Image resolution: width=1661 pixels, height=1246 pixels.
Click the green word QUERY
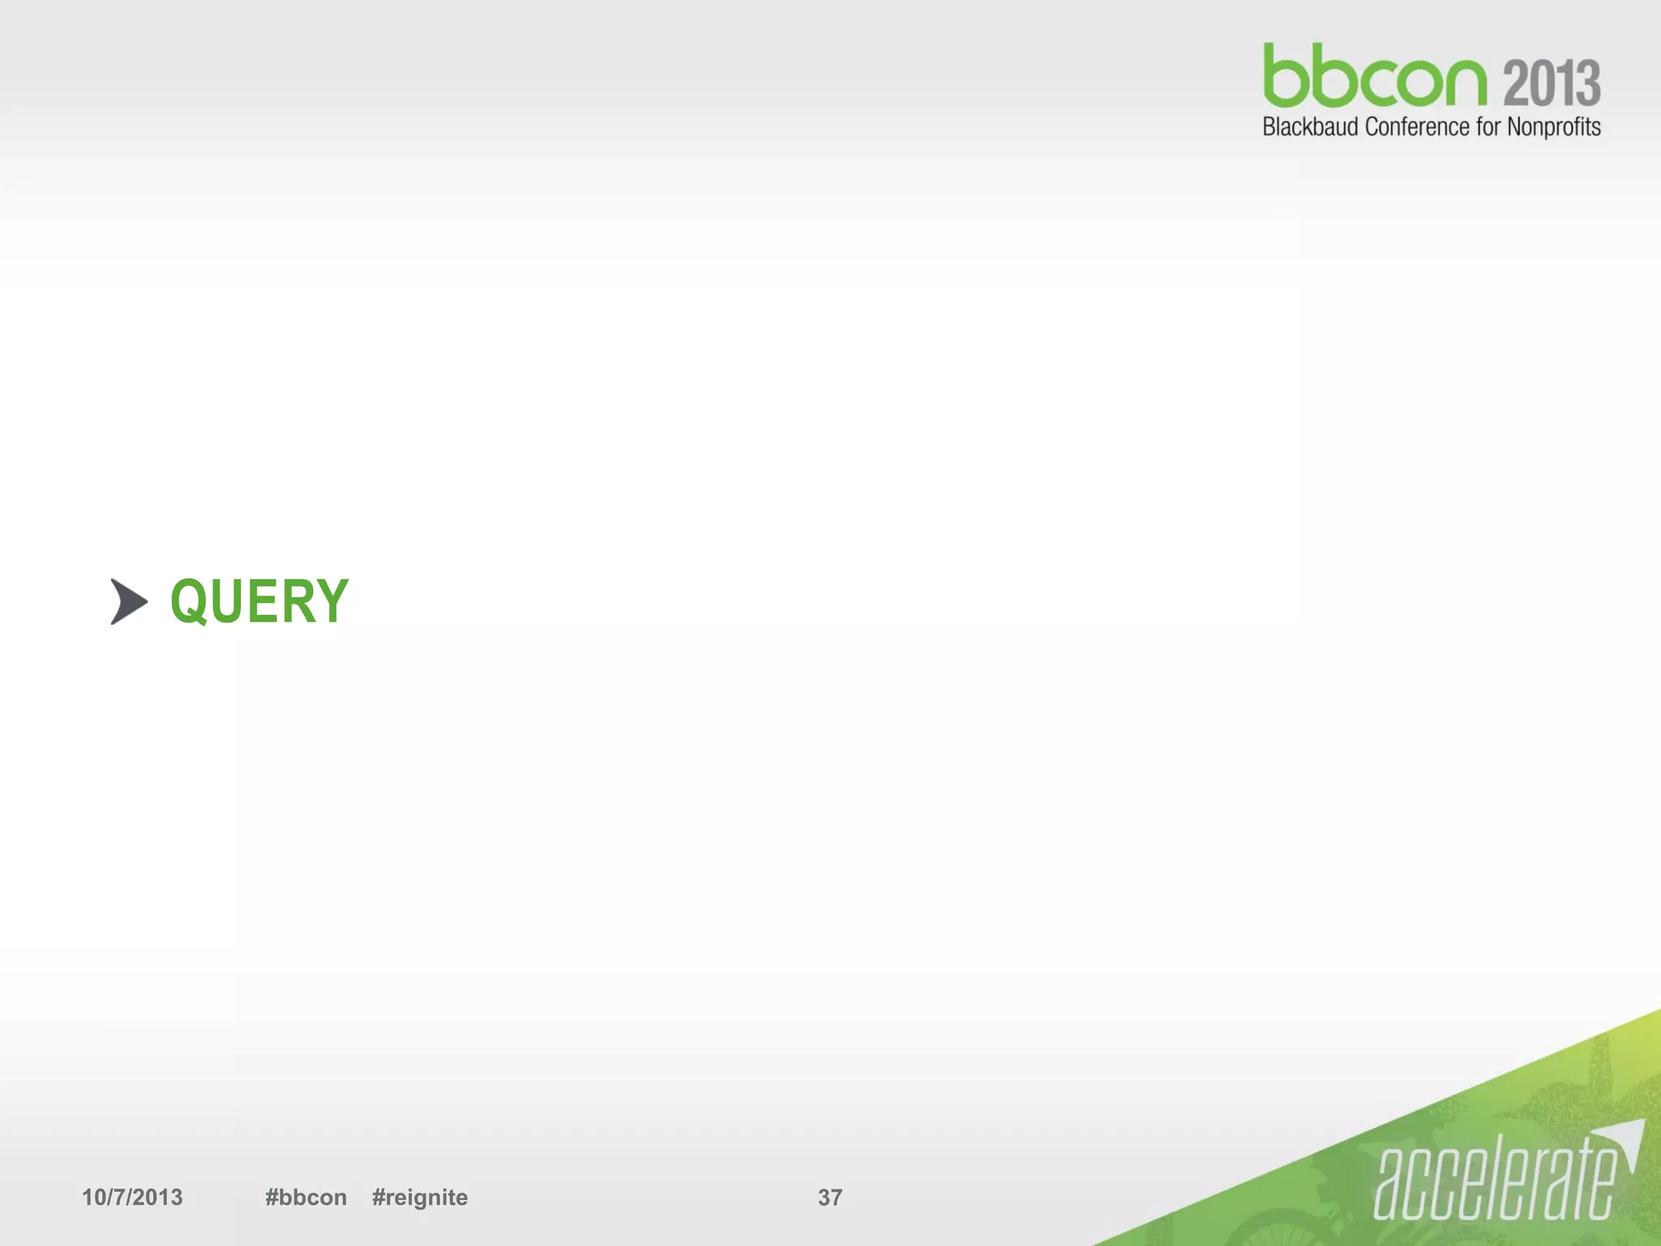(x=260, y=601)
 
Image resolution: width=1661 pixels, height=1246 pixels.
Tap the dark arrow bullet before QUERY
(x=128, y=602)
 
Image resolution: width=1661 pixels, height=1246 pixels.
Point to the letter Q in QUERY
(x=190, y=601)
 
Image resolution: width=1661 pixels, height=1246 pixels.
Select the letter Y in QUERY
(x=332, y=601)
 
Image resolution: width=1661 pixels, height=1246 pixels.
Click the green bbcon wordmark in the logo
(x=1376, y=77)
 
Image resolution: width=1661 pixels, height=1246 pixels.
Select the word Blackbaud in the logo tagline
(x=1310, y=127)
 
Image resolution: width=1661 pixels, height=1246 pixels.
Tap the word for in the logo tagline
(x=1488, y=127)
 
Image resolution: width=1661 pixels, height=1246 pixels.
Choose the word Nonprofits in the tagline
(x=1553, y=128)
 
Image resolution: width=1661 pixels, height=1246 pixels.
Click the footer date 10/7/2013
(x=132, y=1197)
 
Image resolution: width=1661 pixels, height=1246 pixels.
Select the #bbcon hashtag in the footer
(x=306, y=1197)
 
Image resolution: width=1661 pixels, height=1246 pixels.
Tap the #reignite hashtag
(x=419, y=1197)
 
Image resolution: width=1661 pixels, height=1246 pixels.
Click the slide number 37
(x=830, y=1197)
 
